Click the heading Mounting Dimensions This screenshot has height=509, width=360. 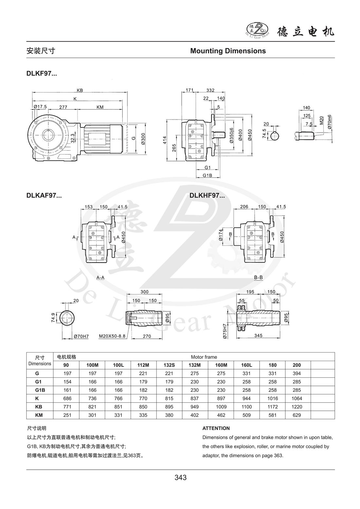coord(228,51)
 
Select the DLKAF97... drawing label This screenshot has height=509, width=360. coord(44,196)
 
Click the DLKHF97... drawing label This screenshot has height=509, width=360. coord(207,196)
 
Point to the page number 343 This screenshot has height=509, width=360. coord(180,478)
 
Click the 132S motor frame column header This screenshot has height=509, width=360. coord(169,365)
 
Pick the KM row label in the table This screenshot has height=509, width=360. coord(39,415)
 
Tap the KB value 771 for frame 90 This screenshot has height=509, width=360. coord(67,407)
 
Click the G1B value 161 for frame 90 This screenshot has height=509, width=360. coord(67,390)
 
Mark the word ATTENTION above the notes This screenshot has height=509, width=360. coord(216,428)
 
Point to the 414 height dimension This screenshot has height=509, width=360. coord(165,140)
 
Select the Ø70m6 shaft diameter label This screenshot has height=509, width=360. coord(330,124)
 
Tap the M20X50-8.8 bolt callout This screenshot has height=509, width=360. coord(112,336)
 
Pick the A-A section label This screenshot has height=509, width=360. coord(100,278)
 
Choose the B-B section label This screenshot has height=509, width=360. coord(259,278)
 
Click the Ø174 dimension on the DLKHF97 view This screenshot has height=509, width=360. coord(221,235)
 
